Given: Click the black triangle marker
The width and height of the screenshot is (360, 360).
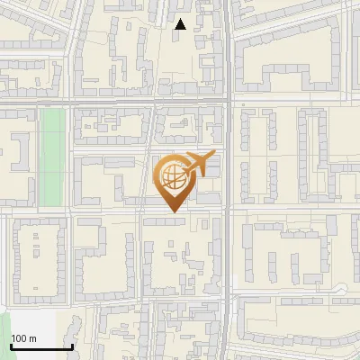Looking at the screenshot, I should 180,25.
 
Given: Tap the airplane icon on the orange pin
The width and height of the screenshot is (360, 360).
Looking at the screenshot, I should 201,164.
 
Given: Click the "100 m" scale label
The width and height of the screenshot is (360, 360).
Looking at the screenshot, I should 24,338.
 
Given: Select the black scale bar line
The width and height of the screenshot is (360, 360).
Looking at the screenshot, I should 41,346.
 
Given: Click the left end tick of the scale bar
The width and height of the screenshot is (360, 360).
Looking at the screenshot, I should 12,345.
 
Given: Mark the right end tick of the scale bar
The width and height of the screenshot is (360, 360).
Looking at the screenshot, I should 72,345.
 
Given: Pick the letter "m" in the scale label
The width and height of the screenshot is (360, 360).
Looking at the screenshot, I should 33,338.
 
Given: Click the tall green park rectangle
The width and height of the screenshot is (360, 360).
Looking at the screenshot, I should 52,158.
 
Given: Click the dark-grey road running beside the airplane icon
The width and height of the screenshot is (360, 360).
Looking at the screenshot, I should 230,171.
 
